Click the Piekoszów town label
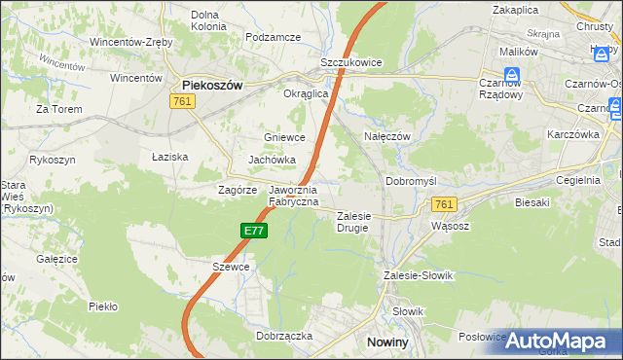point(212,85)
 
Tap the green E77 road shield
point(253,231)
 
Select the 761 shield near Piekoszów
point(181,101)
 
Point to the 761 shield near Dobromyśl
point(444,203)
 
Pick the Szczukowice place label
point(351,62)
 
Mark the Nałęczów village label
point(386,137)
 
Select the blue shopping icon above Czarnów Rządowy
point(511,74)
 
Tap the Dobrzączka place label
point(284,335)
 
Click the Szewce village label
point(232,267)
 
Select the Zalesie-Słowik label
point(419,275)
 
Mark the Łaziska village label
point(170,156)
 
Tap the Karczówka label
point(571,134)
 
